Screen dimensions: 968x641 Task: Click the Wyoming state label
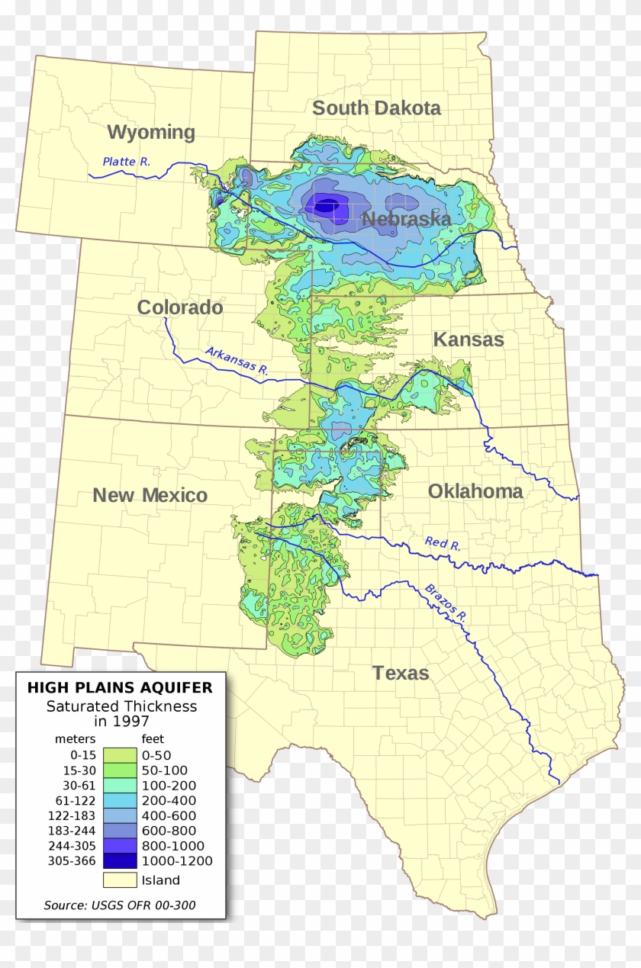pos(151,132)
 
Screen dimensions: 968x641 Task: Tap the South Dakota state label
pos(376,108)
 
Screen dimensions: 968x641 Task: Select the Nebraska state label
pos(406,220)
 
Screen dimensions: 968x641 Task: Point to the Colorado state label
pos(180,307)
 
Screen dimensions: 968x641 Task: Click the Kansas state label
pos(469,339)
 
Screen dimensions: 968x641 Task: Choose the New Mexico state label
pos(150,495)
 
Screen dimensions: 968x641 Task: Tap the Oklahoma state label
pos(475,491)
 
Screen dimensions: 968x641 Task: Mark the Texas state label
pos(401,673)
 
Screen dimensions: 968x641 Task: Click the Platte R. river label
pos(127,162)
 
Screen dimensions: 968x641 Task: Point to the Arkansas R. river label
pos(237,361)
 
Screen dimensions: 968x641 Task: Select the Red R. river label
pos(443,544)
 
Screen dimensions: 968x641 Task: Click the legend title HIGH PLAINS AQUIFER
pos(120,687)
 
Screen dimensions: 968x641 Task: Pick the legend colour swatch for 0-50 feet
pos(119,755)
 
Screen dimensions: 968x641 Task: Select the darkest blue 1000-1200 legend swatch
pos(119,861)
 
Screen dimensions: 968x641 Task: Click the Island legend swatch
pos(119,880)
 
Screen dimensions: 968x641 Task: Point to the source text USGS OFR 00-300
pos(120,905)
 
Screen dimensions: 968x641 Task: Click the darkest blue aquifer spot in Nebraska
pos(326,204)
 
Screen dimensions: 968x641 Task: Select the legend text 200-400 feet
pos(169,800)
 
